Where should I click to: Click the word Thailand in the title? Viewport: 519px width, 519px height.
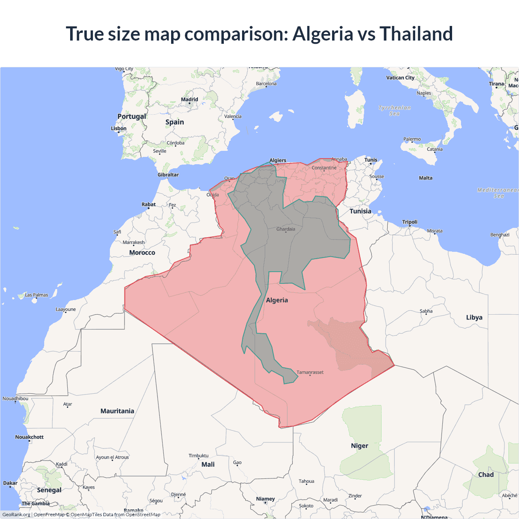416,34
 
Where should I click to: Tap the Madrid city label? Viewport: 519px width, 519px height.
189,99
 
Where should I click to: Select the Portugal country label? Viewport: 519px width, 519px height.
131,116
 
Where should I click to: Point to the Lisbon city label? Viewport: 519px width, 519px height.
119,129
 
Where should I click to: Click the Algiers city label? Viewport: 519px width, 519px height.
278,160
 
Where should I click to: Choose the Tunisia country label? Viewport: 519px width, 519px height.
360,211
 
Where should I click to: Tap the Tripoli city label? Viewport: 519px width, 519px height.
410,222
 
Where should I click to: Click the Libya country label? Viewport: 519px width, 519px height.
474,317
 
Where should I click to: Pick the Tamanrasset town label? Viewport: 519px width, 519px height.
310,372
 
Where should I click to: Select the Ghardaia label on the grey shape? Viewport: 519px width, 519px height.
285,229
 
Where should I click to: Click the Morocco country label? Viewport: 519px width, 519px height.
142,253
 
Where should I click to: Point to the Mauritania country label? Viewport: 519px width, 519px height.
117,411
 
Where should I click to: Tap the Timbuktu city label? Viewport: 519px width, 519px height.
198,456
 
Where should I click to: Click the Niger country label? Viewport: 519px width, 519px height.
359,446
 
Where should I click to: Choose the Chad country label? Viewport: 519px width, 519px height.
486,474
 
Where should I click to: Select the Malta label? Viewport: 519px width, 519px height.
425,178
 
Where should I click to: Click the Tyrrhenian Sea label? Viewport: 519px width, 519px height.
395,110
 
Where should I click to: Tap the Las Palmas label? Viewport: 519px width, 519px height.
36,295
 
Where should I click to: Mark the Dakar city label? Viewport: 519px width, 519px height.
10,483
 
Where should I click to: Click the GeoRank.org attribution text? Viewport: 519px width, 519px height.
16,515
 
